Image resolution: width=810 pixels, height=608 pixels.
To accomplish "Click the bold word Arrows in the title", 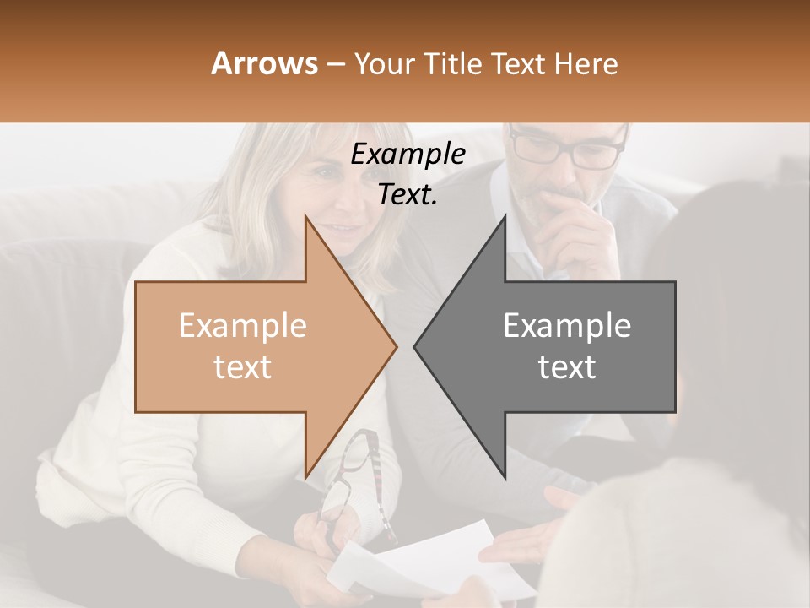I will (x=265, y=63).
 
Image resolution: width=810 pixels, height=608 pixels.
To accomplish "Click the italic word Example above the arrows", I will (x=408, y=155).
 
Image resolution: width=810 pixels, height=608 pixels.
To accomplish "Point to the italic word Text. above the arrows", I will (x=408, y=194).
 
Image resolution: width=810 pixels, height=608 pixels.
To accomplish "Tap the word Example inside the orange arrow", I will (x=243, y=326).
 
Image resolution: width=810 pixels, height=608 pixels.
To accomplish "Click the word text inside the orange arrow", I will (x=243, y=367).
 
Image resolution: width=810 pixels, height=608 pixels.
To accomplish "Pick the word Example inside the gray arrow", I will (x=567, y=326).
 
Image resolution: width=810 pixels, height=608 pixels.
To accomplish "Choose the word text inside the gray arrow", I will (x=567, y=367).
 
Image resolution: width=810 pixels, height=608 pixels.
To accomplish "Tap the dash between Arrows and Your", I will (x=334, y=64).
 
